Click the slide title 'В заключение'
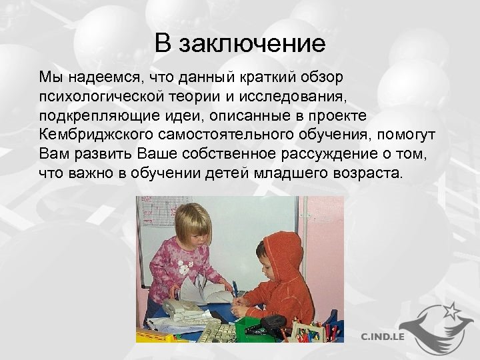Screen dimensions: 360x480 click(240, 44)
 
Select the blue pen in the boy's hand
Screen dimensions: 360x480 click(235, 291)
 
